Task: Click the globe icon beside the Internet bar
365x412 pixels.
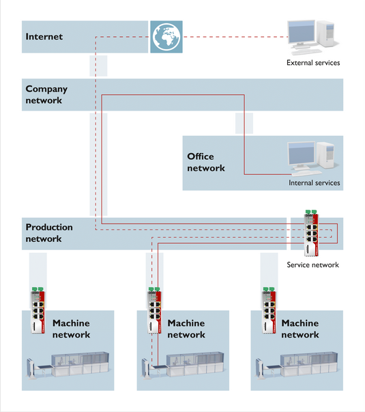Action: [166, 37]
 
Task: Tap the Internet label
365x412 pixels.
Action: [44, 36]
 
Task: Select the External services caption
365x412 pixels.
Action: [313, 63]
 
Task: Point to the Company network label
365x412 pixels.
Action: [46, 94]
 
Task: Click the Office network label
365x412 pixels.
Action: [206, 162]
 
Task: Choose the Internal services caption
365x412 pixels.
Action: [315, 182]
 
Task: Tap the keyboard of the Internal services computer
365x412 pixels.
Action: [307, 173]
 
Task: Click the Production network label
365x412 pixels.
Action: [49, 233]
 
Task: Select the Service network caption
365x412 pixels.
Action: [312, 264]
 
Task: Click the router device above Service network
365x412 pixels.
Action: [311, 233]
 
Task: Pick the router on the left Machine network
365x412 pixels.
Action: [38, 310]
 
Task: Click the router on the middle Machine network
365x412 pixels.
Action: [155, 310]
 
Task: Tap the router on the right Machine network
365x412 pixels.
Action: [269, 310]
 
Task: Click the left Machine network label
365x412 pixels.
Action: [71, 329]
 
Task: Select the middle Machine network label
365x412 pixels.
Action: [186, 329]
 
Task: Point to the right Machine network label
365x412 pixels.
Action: [300, 329]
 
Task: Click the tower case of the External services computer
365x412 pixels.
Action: [326, 33]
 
